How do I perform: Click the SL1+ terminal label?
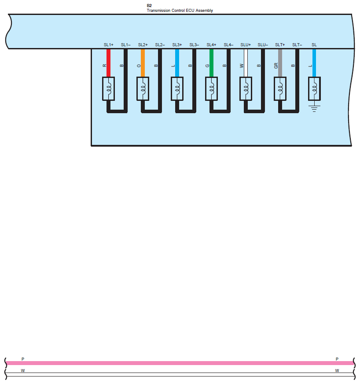coord(108,45)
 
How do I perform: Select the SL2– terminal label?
coord(160,45)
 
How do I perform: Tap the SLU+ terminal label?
coord(246,45)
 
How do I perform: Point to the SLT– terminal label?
coord(297,45)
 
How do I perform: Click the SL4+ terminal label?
coord(211,45)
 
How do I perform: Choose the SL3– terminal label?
coord(194,45)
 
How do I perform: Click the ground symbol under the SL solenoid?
coord(314,108)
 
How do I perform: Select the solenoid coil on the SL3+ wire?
coord(177,89)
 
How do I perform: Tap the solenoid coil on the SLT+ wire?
coord(280,89)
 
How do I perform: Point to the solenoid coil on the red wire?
coord(109,89)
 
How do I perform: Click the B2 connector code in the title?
coord(149,6)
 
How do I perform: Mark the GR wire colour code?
coord(276,66)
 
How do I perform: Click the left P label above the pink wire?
coord(23,359)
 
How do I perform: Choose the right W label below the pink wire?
coord(337,370)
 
